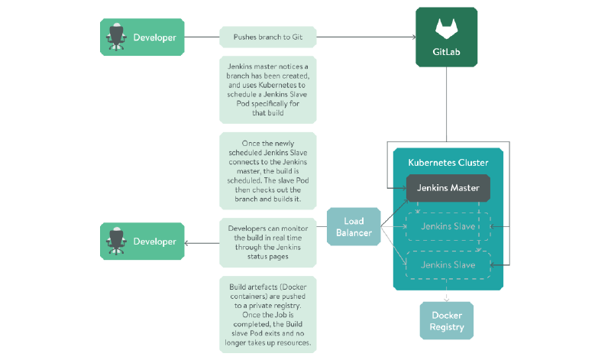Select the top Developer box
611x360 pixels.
(x=143, y=37)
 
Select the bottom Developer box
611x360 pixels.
(x=143, y=242)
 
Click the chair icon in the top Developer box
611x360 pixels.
(x=117, y=37)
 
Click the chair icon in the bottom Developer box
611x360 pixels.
(x=117, y=242)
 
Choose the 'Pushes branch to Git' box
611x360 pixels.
(x=267, y=37)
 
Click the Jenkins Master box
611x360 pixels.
(x=447, y=188)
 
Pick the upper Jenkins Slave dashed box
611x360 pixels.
(x=447, y=226)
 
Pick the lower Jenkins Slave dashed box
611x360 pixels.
(x=447, y=264)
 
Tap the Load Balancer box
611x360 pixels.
(x=354, y=227)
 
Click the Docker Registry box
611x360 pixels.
(x=447, y=321)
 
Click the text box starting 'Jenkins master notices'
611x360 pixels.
(x=267, y=90)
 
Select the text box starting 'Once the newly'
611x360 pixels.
(x=267, y=172)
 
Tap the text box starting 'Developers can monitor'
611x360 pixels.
(x=267, y=242)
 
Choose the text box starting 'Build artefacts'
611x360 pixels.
(x=267, y=314)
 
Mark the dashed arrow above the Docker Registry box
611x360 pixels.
(x=447, y=296)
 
